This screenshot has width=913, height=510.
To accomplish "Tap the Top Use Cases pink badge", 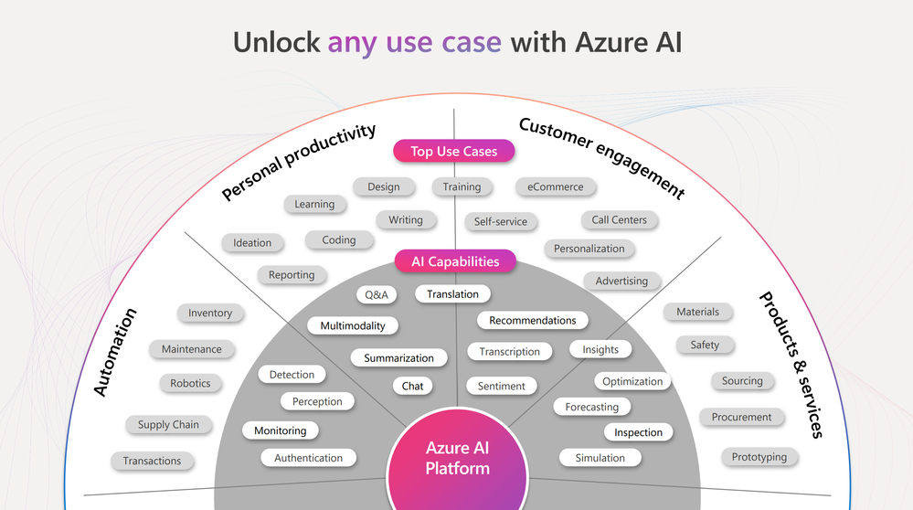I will (454, 151).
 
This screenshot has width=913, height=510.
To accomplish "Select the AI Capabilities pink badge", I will (455, 261).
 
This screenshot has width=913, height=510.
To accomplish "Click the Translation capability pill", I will (452, 293).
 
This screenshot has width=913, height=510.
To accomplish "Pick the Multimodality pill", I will (353, 325).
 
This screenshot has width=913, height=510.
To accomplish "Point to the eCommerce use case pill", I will (556, 186).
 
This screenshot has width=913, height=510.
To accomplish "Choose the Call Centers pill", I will (619, 219).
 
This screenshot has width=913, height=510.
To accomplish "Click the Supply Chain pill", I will (168, 424).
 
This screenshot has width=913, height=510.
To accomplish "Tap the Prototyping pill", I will (759, 456).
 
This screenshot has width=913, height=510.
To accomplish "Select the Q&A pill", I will (377, 294).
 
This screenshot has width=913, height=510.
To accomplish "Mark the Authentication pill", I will (309, 458).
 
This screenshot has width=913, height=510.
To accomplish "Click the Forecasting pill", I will (591, 407).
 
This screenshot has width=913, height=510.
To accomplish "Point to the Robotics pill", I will (190, 383).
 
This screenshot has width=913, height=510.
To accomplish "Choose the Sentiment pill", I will (502, 386).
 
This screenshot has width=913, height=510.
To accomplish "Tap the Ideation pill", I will (252, 242).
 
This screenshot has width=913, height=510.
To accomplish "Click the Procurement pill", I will (741, 417).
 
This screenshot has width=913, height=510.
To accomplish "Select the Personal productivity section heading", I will (299, 162).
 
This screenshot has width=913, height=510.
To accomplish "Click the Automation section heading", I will (116, 352).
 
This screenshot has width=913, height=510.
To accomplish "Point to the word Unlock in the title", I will (276, 42).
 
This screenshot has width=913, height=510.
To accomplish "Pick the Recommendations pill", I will (533, 320).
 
